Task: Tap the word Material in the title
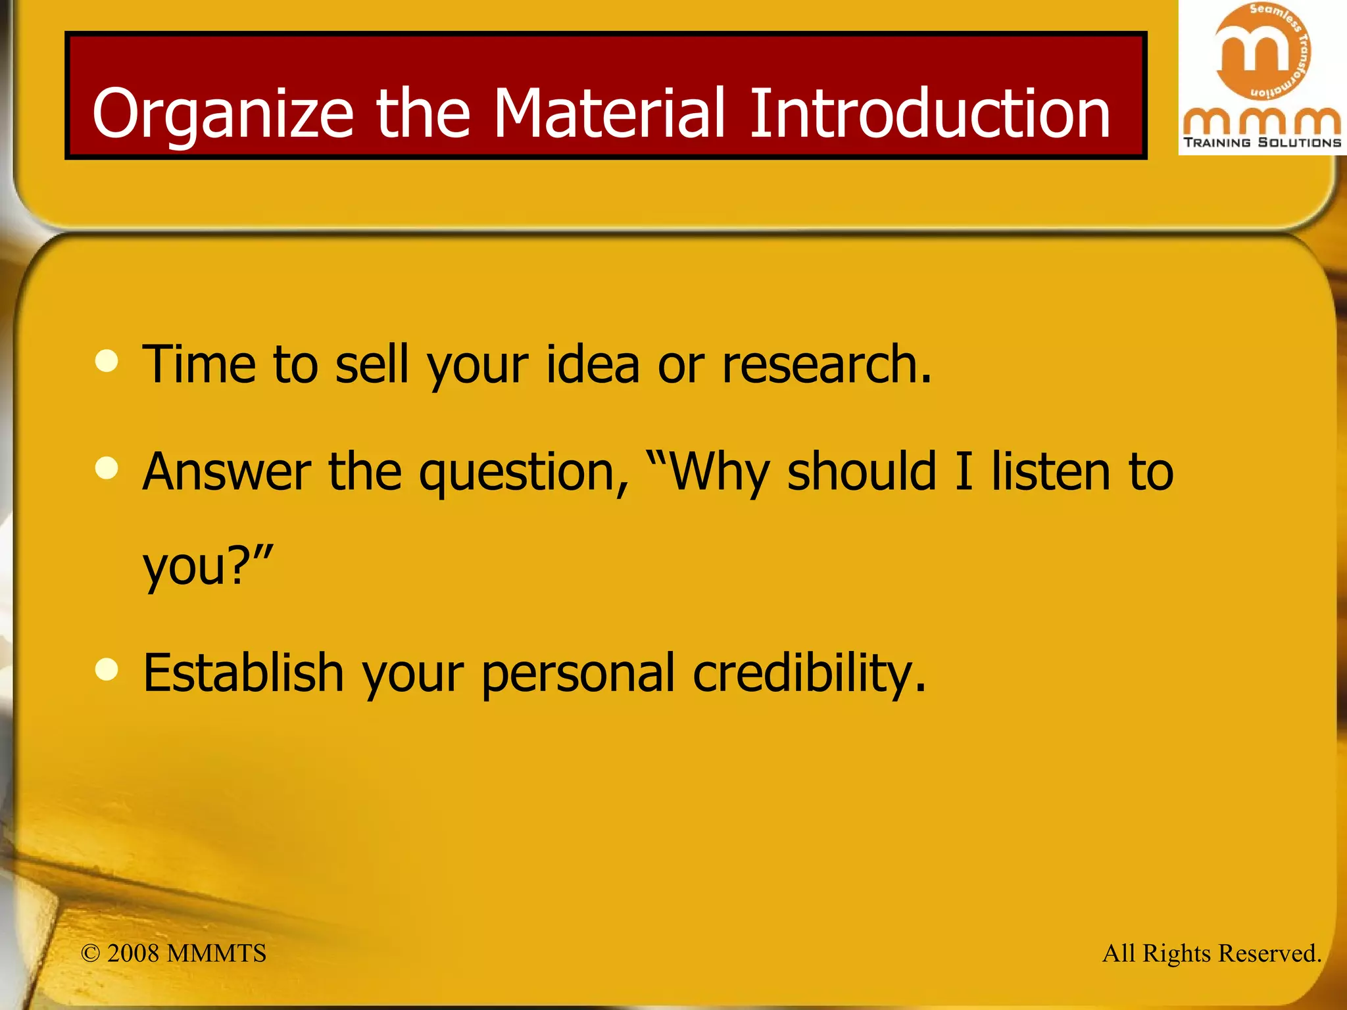coord(608,113)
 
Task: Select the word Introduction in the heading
coord(929,113)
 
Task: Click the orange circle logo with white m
coord(1261,51)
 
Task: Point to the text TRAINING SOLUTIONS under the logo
coord(1262,142)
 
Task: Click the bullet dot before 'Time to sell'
coord(107,360)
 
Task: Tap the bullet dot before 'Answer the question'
coord(107,468)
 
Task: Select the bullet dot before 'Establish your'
coord(107,669)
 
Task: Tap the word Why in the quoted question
coord(720,473)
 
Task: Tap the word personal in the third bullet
coord(578,674)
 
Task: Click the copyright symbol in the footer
coord(90,953)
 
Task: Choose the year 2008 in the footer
coord(133,953)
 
